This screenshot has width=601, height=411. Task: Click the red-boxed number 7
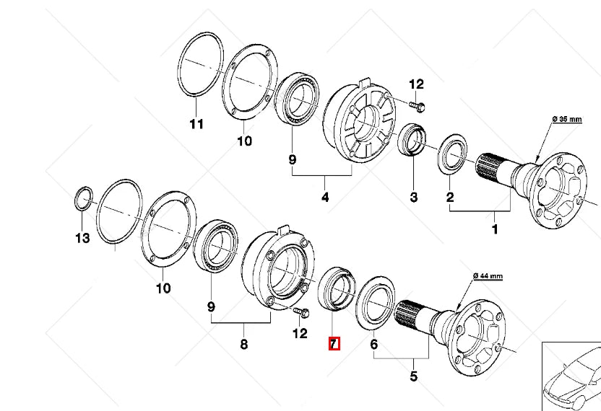(334, 344)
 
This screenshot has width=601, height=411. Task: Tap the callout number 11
(196, 124)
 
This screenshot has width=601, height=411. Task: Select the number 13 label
(83, 237)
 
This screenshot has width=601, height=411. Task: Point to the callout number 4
(325, 197)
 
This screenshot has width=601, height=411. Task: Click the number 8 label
(244, 345)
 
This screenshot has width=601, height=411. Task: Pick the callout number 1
(495, 230)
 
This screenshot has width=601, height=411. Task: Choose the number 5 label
(413, 376)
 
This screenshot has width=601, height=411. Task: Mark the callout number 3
(414, 197)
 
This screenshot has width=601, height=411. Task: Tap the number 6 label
(374, 345)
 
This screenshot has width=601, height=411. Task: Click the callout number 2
(449, 197)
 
